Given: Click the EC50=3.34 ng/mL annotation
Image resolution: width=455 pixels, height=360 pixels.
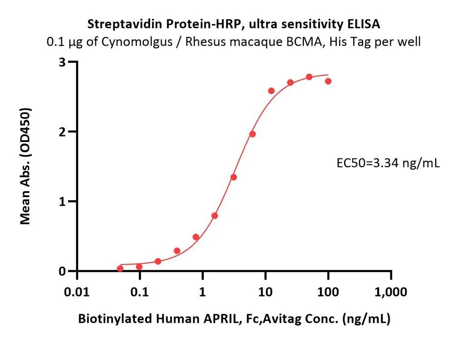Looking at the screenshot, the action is click(388, 163).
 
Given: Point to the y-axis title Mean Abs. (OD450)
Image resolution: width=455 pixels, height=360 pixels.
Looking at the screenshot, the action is click(25, 166).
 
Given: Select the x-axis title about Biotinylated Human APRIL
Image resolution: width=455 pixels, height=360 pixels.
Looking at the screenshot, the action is click(234, 319).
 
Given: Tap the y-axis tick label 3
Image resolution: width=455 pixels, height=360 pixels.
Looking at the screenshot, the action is click(62, 62).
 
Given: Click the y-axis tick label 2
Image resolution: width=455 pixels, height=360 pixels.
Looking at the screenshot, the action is click(62, 132).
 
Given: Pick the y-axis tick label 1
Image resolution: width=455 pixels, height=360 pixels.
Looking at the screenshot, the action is click(62, 202).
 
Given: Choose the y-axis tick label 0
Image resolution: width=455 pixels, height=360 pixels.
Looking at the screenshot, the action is click(62, 271).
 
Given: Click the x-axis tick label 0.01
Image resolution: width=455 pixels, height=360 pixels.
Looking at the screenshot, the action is click(77, 292).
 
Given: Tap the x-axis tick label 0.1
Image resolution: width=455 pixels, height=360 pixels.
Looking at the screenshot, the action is click(140, 292).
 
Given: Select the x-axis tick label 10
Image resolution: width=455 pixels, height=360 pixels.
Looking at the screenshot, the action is click(265, 292).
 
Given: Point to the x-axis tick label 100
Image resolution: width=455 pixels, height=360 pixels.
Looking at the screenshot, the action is click(328, 292).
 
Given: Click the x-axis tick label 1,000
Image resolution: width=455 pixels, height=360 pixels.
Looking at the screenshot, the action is click(390, 292).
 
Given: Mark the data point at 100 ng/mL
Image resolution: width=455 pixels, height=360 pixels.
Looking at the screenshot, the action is click(328, 81).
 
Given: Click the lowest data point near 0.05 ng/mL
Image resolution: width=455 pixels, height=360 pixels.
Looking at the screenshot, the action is click(120, 269).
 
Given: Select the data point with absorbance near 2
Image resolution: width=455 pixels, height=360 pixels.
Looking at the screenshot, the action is click(253, 134).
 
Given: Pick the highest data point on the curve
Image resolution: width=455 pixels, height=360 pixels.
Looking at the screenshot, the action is click(309, 77).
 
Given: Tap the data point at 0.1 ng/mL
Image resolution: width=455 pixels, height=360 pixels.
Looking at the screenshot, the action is click(139, 267).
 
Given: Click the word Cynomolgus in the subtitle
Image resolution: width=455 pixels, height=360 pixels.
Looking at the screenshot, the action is click(136, 42).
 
